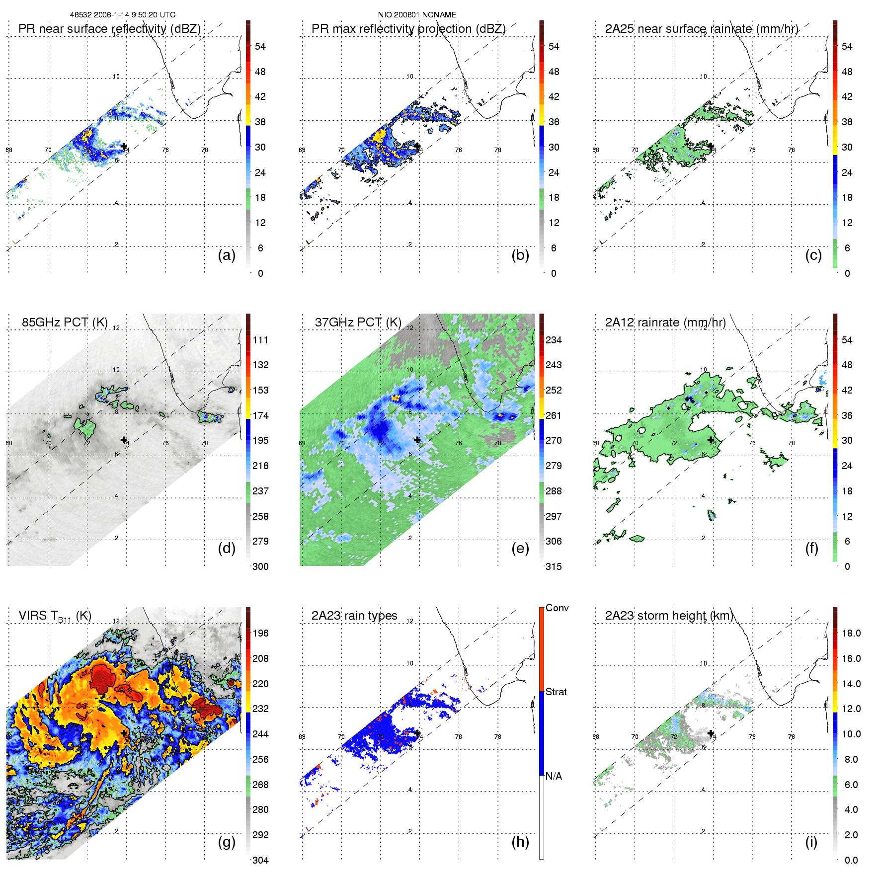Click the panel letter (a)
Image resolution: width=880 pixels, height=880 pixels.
(227, 255)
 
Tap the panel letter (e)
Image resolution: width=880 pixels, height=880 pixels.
(520, 549)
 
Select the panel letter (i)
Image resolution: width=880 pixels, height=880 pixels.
(811, 842)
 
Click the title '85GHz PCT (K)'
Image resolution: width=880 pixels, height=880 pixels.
(65, 322)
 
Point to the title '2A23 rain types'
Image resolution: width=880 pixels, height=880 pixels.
(354, 616)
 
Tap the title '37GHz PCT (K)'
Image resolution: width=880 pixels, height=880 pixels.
(358, 322)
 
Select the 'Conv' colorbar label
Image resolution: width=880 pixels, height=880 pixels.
(557, 608)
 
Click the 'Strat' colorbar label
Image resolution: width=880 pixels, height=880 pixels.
(556, 692)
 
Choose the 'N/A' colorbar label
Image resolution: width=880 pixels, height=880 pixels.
(554, 776)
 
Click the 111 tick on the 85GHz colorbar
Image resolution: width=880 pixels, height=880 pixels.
(260, 340)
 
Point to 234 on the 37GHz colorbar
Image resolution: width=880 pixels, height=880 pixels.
(554, 340)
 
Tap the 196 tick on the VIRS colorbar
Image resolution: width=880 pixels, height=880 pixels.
(260, 633)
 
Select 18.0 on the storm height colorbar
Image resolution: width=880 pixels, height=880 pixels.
(851, 633)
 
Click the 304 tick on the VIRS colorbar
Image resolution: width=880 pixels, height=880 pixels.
(260, 860)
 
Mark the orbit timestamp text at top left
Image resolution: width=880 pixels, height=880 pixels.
(122, 15)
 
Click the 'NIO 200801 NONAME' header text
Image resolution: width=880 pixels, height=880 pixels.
(417, 15)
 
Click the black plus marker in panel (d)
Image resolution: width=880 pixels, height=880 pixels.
(124, 440)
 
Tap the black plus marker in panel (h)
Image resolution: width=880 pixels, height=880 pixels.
(417, 733)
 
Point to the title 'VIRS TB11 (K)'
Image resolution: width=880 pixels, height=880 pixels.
(55, 616)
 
